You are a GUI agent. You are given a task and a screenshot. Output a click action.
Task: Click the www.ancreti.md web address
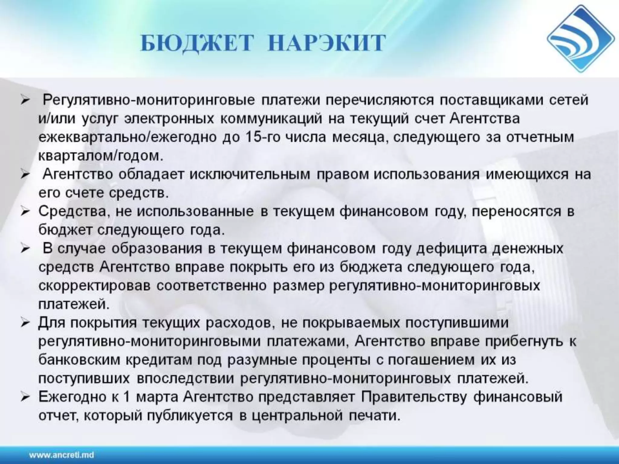point(62,455)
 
